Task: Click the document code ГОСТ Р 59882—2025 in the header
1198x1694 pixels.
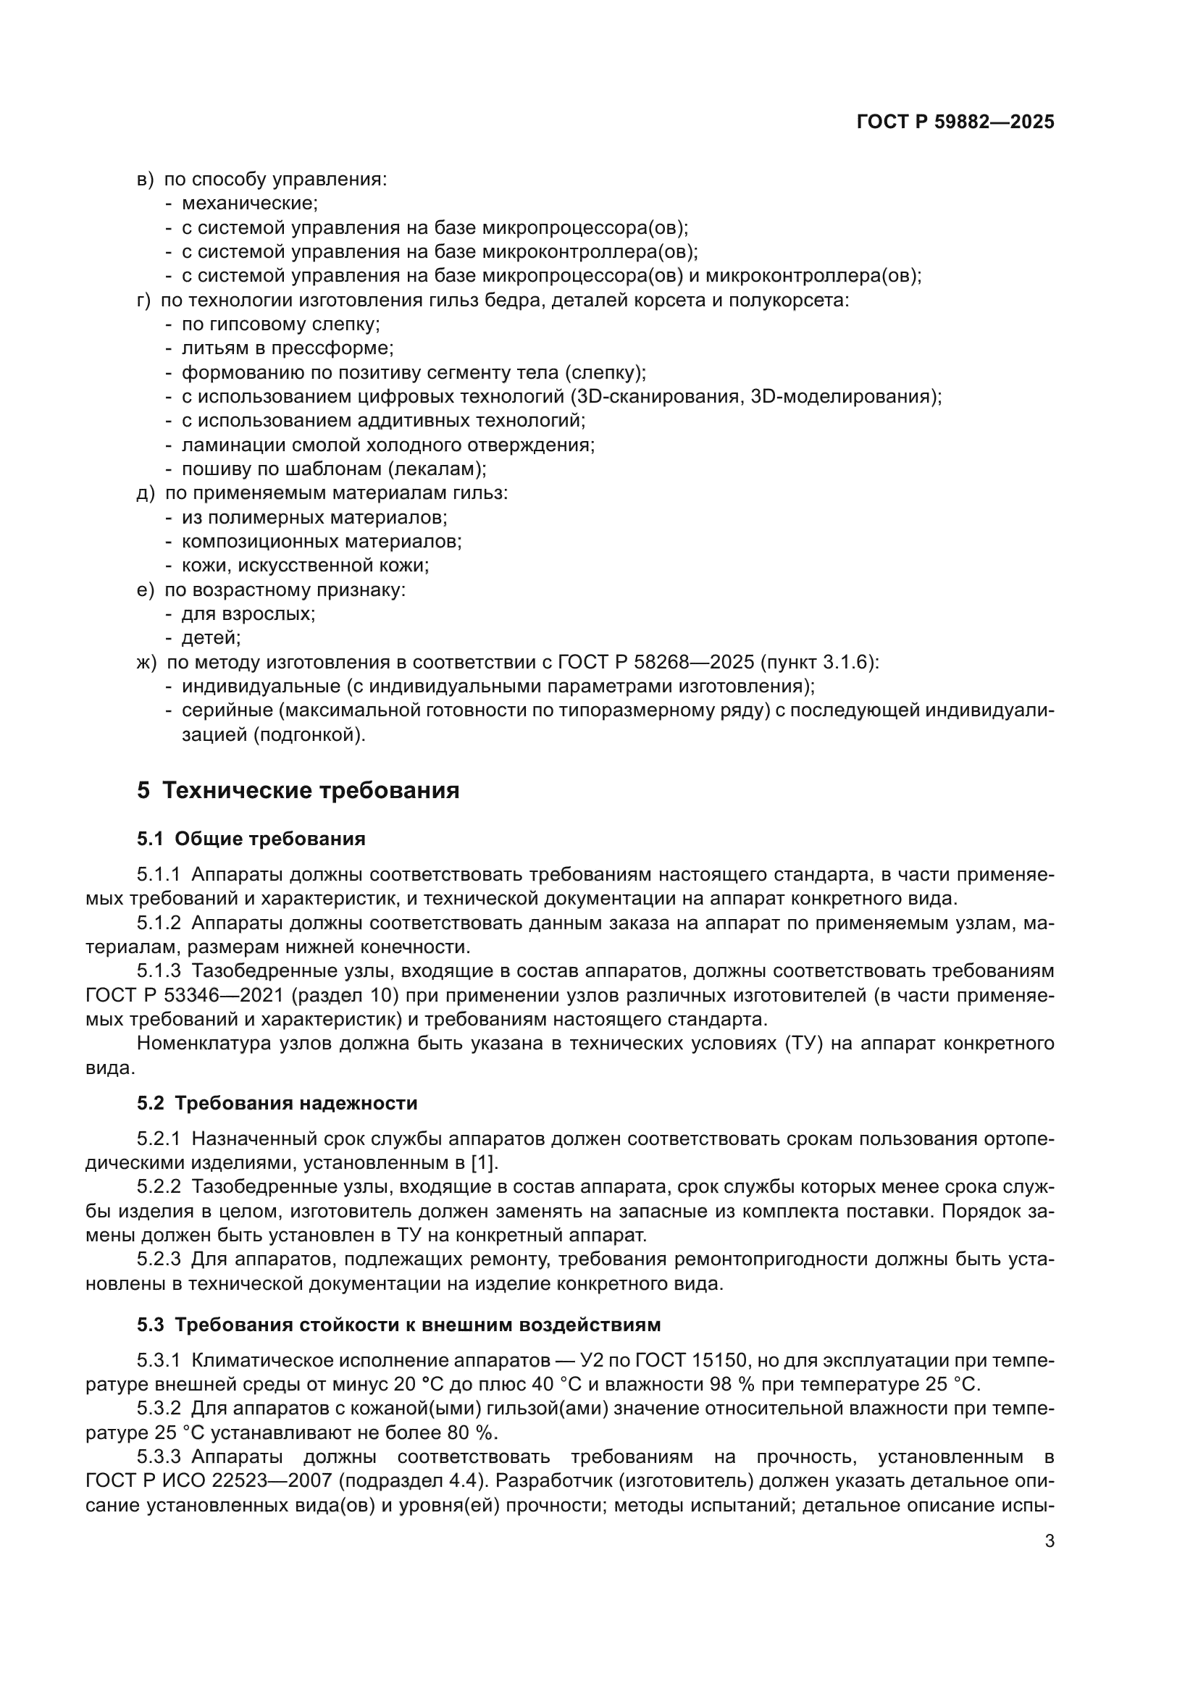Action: [955, 122]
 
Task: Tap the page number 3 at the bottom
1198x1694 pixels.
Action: [1050, 1541]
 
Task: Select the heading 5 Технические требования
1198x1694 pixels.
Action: [298, 790]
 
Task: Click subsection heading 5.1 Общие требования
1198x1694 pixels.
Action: [251, 839]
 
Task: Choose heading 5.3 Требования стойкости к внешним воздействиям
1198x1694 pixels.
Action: [398, 1325]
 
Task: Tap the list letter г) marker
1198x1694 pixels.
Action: [144, 301]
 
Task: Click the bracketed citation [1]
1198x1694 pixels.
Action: [484, 1164]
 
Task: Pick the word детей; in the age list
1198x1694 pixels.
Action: [211, 638]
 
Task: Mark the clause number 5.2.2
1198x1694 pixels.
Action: [159, 1188]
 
